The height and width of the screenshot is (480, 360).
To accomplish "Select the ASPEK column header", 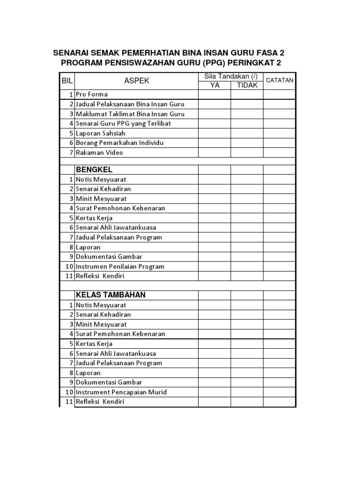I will point(136,81).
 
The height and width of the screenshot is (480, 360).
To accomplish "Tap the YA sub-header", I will point(214,85).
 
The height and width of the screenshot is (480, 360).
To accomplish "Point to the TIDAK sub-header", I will point(247,85).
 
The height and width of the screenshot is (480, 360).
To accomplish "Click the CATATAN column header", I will point(280,80).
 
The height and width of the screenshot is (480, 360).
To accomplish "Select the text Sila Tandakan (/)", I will point(231,76).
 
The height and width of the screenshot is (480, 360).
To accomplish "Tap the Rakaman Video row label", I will point(99,152).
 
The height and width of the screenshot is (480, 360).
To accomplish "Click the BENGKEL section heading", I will point(94,169).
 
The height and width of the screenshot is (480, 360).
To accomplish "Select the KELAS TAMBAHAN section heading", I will point(111,295).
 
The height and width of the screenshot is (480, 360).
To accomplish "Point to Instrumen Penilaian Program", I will point(120,266).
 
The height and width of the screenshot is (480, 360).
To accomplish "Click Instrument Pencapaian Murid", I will point(121,392).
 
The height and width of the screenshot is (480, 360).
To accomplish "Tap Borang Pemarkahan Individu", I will point(120,142).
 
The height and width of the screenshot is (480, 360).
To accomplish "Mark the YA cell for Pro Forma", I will point(214,94).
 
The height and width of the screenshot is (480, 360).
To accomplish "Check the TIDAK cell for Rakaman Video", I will point(247,152).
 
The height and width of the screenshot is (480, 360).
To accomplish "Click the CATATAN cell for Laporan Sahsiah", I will point(279,133).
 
